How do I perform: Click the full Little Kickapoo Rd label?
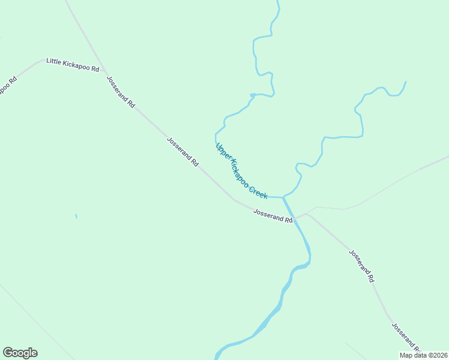(73, 65)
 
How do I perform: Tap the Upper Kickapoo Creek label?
(241, 171)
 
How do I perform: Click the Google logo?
(20, 353)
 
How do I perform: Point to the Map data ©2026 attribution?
(423, 355)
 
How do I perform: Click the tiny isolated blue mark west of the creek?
(76, 216)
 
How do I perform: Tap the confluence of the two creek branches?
(283, 197)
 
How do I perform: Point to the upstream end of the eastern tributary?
(406, 82)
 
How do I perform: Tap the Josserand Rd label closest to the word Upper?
(182, 151)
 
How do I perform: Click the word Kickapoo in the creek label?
(240, 171)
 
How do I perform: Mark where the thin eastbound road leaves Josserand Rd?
(307, 213)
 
